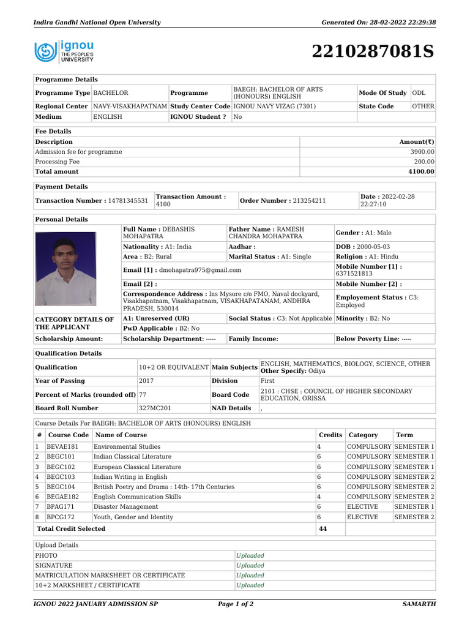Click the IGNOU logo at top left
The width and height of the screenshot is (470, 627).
64,51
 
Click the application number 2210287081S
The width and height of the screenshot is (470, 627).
373,52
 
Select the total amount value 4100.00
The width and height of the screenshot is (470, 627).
422,172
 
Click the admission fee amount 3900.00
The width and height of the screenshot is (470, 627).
422,152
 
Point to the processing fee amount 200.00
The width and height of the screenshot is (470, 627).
424,162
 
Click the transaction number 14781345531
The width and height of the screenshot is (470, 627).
128,201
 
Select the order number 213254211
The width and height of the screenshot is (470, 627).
309,201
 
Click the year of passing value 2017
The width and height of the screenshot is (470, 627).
146,381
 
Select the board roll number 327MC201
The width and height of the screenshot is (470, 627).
155,408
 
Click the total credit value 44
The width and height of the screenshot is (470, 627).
323,529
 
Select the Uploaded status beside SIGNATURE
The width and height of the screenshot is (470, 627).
250,566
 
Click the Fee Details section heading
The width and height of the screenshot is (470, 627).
53,132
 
